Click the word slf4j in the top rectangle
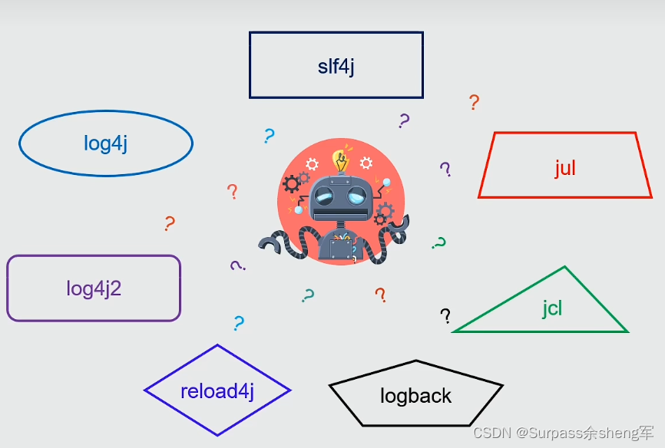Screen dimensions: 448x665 [x=336, y=66]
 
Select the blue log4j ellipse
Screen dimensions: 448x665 [x=106, y=143]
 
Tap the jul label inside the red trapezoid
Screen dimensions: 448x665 [x=564, y=168]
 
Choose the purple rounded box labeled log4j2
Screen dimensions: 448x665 [x=94, y=288]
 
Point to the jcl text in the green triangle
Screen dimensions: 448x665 [x=552, y=308]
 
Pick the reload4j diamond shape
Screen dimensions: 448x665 [x=217, y=390]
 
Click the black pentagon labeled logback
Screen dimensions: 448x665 [x=415, y=395]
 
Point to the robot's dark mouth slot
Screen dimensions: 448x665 [x=340, y=212]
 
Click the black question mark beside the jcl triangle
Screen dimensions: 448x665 [x=445, y=315]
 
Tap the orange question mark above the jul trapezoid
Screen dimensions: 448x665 [x=474, y=102]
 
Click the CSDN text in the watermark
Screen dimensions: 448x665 [x=488, y=433]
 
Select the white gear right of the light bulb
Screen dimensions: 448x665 [x=366, y=163]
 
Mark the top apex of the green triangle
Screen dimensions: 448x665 [x=564, y=268]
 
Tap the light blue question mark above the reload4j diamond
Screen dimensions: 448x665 [x=238, y=323]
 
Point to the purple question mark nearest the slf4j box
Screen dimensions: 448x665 [x=404, y=120]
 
